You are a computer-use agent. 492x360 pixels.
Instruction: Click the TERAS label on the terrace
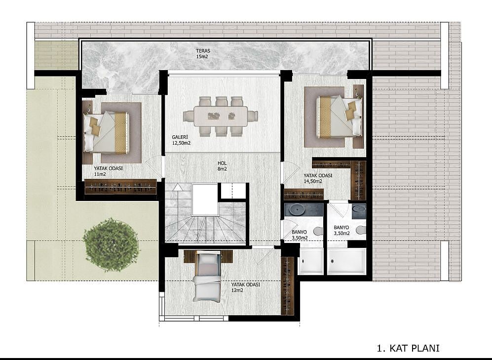point(203,50)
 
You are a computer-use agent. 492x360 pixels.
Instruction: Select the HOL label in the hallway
point(222,163)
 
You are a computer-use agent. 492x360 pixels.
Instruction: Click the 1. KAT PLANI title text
point(408,348)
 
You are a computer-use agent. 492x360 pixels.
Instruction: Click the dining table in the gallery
point(221,115)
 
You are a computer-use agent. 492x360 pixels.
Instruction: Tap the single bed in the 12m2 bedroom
point(207,278)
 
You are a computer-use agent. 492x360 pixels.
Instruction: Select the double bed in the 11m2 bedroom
point(107,133)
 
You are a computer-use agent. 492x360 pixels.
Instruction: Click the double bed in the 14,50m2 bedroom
point(340,117)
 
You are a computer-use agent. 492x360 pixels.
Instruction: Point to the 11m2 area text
point(100,174)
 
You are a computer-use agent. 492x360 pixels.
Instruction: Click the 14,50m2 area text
point(313,181)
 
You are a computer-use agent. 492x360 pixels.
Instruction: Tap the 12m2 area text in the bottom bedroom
point(237,291)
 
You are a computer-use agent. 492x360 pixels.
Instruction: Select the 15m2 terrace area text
point(202,57)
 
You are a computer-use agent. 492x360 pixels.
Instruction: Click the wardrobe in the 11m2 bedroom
point(121,186)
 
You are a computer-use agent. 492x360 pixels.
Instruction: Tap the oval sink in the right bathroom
point(358,208)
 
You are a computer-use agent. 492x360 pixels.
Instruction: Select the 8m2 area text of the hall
point(222,169)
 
